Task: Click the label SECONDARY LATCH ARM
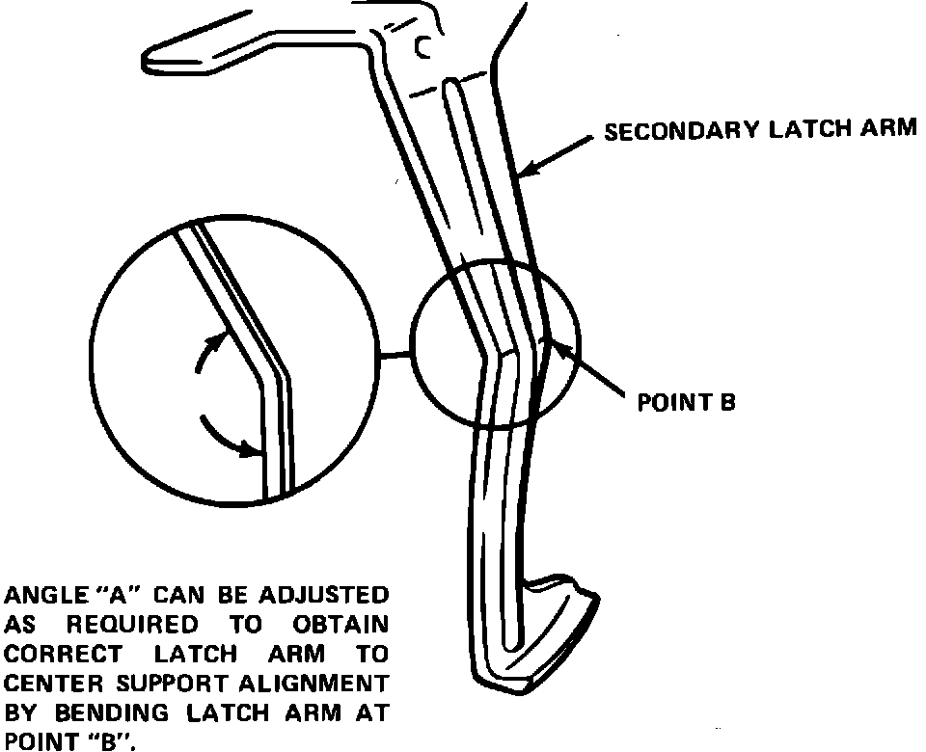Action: [x=759, y=130]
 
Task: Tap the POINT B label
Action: [x=686, y=402]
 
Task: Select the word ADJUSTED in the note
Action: [x=332, y=594]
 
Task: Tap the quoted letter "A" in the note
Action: [x=108, y=594]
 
